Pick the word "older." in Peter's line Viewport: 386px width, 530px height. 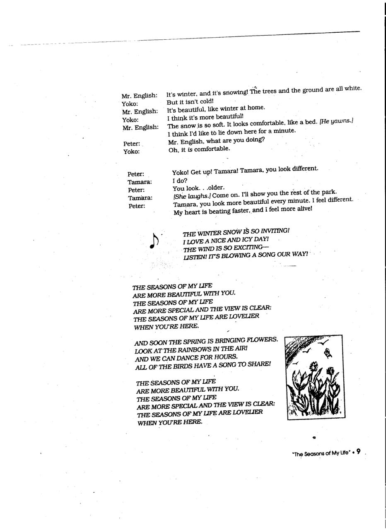click(215, 188)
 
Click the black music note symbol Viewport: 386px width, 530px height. click(154, 241)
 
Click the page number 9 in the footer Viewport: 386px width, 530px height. click(358, 452)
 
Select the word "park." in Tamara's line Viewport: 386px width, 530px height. click(329, 193)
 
